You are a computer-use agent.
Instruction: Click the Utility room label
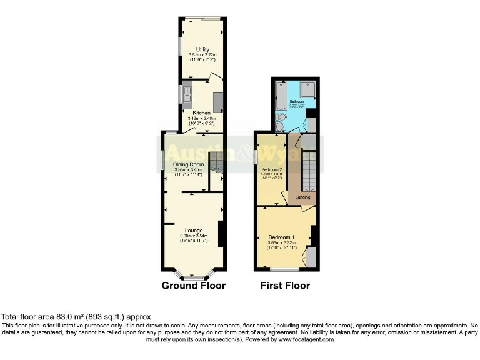202,49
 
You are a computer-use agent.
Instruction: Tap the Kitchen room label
202,112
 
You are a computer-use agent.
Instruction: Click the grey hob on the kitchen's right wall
218,101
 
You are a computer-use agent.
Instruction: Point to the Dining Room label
189,164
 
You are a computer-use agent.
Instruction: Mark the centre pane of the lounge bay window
193,277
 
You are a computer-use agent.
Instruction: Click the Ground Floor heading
193,286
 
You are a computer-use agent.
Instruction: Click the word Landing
303,197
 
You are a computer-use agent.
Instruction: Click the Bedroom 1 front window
284,269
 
